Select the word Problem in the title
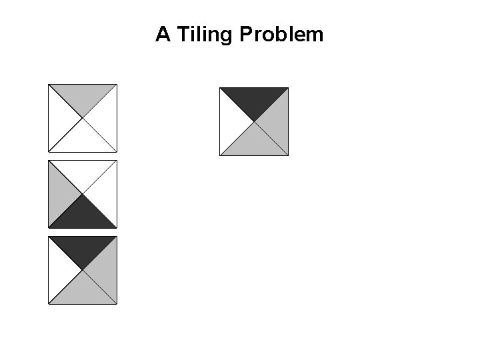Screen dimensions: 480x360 (x=281, y=35)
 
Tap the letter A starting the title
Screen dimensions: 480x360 (x=162, y=35)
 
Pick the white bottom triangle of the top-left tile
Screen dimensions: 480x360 (x=83, y=140)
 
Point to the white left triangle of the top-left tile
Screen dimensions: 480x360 (x=60, y=118)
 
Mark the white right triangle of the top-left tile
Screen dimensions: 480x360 (x=105, y=118)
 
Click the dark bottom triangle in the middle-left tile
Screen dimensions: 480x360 (x=83, y=216)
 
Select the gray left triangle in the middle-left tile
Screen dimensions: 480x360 (x=60, y=194)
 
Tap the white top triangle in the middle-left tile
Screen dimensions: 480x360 (x=83, y=171)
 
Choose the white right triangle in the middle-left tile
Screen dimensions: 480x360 (x=105, y=194)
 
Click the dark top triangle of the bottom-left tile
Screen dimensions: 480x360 (x=83, y=247)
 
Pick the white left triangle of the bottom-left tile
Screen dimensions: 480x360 (x=60, y=270)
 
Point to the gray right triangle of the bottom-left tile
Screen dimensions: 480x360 (x=105, y=270)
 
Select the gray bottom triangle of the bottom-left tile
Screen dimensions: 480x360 (x=83, y=292)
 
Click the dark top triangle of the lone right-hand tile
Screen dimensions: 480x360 (x=254, y=99)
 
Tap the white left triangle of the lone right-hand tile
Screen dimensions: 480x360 (x=231, y=121)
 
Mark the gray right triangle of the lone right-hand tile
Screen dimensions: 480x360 (x=277, y=121)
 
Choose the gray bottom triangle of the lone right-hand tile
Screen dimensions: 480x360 (x=254, y=144)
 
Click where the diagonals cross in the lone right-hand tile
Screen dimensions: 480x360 (x=254, y=121)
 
